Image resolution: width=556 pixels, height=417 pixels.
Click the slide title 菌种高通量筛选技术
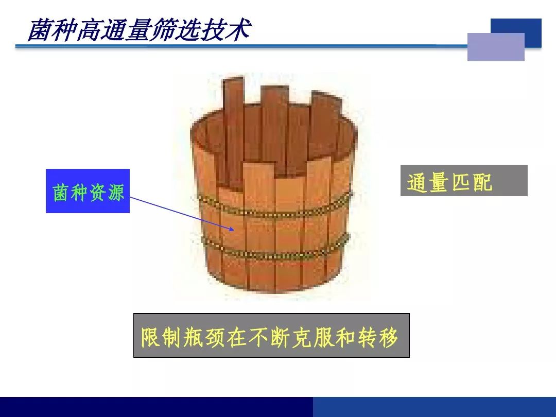[x=139, y=30]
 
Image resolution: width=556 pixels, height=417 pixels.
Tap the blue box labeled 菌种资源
[x=88, y=191]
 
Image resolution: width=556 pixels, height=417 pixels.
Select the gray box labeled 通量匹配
[x=464, y=180]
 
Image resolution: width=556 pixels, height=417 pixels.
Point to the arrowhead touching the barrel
[x=231, y=229]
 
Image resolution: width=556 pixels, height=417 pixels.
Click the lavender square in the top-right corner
[x=496, y=47]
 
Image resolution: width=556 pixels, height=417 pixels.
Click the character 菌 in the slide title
[x=39, y=30]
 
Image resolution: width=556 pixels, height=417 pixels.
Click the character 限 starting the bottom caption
[x=151, y=337]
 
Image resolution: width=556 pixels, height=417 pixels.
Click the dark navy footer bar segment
[x=157, y=407]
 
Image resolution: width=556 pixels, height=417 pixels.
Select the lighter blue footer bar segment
[x=435, y=407]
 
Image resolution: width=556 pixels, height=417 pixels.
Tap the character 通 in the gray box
[x=416, y=182]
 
